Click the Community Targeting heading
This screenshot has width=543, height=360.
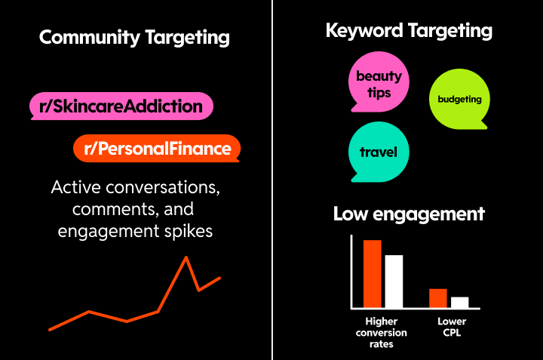134,37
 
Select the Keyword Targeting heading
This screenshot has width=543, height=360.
409,31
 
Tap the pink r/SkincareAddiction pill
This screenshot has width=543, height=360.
121,106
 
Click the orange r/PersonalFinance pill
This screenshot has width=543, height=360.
156,149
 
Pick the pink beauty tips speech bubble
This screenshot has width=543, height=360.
379,83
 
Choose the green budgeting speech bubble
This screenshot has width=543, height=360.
459,99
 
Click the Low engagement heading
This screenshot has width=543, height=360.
409,214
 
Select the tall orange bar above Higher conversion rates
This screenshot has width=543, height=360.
373,273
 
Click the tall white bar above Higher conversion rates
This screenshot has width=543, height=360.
394,281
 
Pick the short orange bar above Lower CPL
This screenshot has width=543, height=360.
438,298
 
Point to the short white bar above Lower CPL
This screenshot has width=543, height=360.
460,302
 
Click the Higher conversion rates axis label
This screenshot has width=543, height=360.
381,333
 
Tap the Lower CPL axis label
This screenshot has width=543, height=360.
452,327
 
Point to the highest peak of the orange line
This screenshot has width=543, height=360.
186,258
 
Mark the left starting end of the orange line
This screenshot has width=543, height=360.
50,330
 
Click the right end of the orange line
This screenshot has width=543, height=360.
219,278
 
